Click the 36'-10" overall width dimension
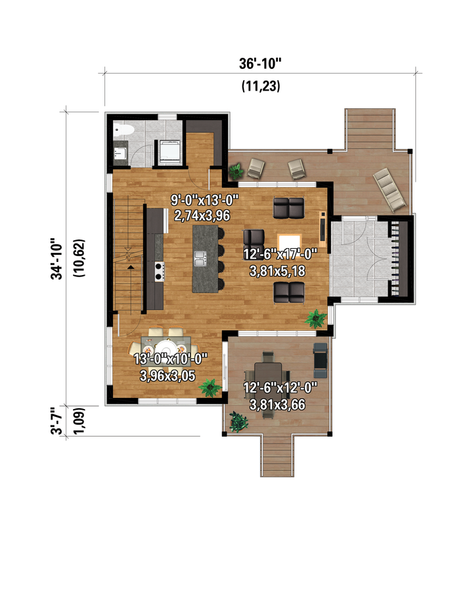pos(259,63)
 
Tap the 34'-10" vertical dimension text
pos(57,259)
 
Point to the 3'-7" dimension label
pos(57,421)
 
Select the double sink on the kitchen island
pos(200,259)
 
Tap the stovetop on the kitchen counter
pos(159,271)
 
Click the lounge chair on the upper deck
pos(390,190)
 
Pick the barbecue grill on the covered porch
pos(320,360)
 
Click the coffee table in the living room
pos(290,243)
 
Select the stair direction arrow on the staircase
pos(130,267)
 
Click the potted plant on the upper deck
pos(236,171)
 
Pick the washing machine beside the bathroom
pos(169,152)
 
